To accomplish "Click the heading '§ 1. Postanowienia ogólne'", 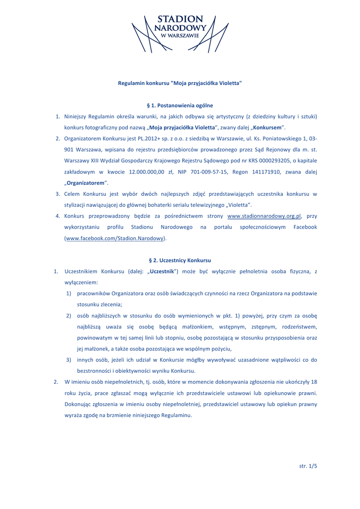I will tap(180, 105).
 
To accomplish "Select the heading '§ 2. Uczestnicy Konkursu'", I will tap(180, 260).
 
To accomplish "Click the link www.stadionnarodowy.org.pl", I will tap(265, 216).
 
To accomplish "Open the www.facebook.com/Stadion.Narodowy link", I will tap(115, 239).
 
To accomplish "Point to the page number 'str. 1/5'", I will tap(308, 466).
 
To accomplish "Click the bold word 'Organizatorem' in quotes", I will tap(86, 183).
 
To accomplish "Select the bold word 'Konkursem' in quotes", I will tap(269, 127).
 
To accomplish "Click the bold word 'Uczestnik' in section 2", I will tap(162, 271).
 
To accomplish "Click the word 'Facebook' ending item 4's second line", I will tap(305, 227).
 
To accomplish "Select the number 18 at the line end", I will tap(314, 382).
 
